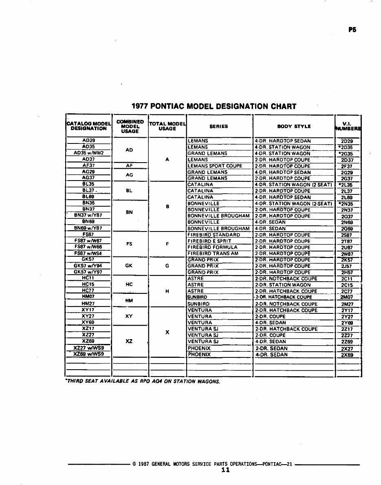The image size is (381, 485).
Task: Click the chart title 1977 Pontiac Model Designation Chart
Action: [x=214, y=107]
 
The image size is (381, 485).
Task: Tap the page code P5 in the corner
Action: [x=352, y=30]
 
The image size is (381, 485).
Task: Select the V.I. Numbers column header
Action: [x=348, y=126]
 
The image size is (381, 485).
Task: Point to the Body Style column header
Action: [x=294, y=126]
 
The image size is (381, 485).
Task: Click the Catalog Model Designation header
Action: [x=88, y=126]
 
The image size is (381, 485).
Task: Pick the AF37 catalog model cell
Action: [x=88, y=166]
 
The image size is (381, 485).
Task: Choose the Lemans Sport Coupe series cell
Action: [x=215, y=166]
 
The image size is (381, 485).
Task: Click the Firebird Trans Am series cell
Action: [x=213, y=254]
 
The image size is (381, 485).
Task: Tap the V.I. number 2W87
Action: [x=347, y=254]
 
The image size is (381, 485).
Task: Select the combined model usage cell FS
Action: [x=129, y=244]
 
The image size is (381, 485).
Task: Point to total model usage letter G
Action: [x=167, y=266]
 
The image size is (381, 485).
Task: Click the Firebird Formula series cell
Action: [x=212, y=247]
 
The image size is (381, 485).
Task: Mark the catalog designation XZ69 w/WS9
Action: [x=88, y=355]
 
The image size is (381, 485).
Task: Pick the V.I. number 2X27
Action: [x=347, y=349]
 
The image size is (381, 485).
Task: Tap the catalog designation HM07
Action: [x=88, y=297]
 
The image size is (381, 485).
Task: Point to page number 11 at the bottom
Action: [x=225, y=470]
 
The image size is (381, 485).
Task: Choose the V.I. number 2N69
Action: [x=347, y=223]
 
